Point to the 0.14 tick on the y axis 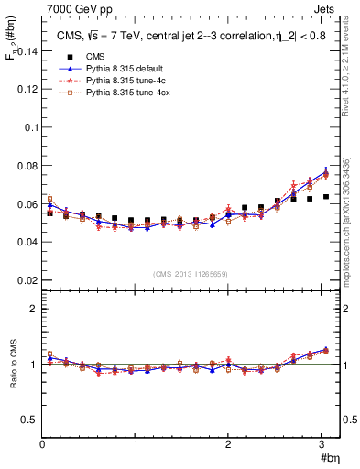tap(26, 52)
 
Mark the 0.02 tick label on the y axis tap(26, 279)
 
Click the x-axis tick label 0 tap(42, 445)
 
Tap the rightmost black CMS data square tap(325, 196)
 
